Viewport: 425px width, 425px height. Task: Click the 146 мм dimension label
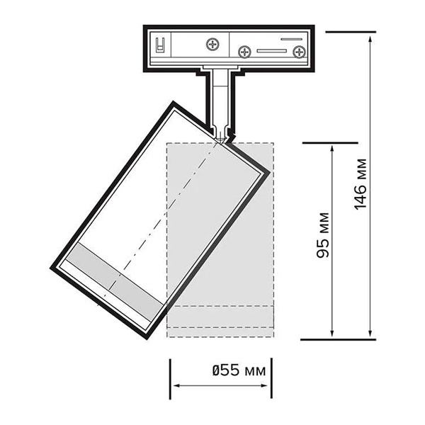361,184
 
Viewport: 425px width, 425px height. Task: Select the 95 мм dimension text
323,235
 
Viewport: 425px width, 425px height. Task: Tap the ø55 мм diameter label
239,370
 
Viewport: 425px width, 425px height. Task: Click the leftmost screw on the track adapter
212,44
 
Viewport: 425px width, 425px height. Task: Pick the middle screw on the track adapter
244,52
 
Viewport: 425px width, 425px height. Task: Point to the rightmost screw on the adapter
299,52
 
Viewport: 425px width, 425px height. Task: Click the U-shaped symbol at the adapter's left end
160,45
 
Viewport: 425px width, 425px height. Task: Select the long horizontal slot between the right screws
271,51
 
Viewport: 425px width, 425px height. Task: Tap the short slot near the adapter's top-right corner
291,39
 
